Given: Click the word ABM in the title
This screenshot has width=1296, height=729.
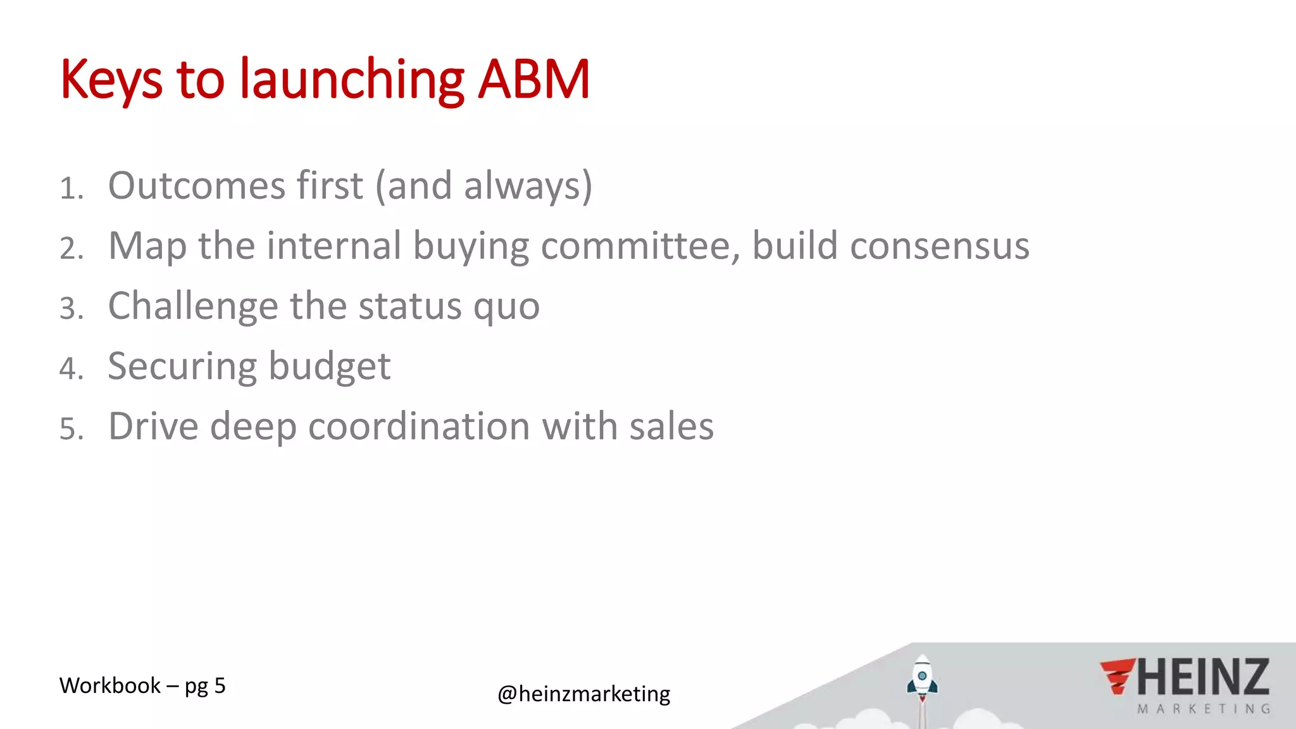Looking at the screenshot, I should pos(533,80).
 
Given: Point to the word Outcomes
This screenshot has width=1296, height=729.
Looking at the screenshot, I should pos(197,186).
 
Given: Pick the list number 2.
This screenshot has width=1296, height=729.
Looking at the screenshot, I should pos(72,249).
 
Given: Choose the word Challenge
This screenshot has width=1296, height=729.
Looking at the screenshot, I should pos(193,307).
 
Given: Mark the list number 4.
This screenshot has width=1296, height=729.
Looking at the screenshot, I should pos(72,369).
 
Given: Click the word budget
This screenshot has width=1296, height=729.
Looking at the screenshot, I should pos(330,366).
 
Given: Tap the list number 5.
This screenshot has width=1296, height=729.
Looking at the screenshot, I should pos(72,429).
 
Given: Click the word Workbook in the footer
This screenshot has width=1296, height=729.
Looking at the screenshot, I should pos(110,685).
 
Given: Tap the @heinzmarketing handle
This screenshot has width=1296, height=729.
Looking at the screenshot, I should pos(584,694).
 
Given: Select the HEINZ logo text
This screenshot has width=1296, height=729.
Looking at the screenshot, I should pos(1203,677).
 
